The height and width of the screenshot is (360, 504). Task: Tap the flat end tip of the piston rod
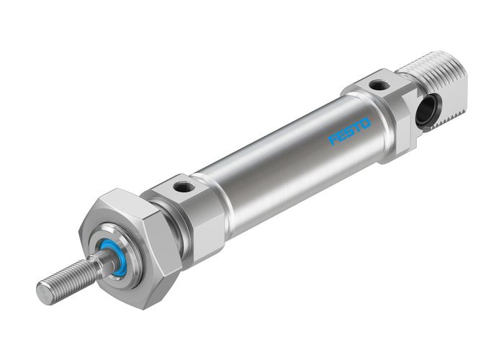(44, 292)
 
